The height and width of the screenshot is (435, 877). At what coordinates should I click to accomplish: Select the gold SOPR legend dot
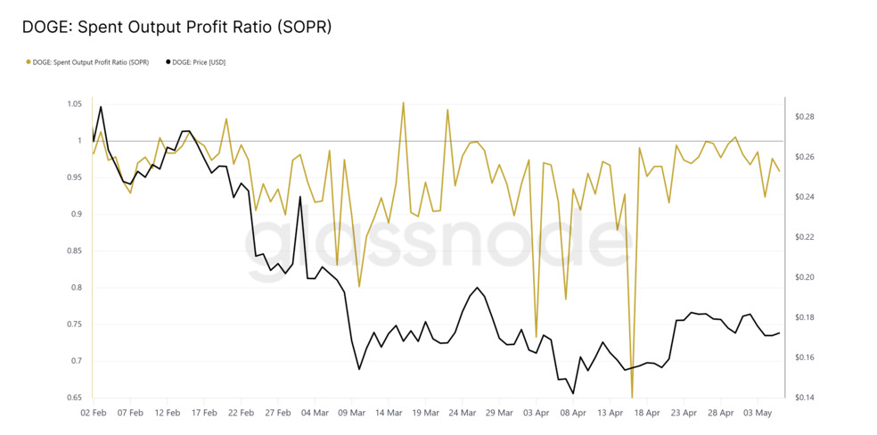point(29,62)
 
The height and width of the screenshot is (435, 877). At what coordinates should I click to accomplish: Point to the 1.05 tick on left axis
point(74,104)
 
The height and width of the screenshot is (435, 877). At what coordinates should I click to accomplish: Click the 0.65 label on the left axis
point(74,398)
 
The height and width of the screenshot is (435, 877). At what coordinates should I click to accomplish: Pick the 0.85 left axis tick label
point(74,251)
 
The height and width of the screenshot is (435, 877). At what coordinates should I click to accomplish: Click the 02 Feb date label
point(94,413)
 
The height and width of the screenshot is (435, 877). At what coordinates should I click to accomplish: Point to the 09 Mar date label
point(352,413)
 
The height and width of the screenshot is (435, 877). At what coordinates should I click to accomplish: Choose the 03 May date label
point(758,413)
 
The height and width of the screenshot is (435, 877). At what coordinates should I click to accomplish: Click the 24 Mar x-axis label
point(463,413)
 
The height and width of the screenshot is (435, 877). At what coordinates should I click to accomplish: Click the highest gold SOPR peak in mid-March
point(403,103)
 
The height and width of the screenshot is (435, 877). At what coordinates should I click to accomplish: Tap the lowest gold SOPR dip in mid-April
point(633,397)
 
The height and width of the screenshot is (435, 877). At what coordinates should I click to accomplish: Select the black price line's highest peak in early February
point(101,107)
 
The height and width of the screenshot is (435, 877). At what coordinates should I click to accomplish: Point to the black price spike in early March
point(300,197)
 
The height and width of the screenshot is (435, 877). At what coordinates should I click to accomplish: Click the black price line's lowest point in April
point(573,393)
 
